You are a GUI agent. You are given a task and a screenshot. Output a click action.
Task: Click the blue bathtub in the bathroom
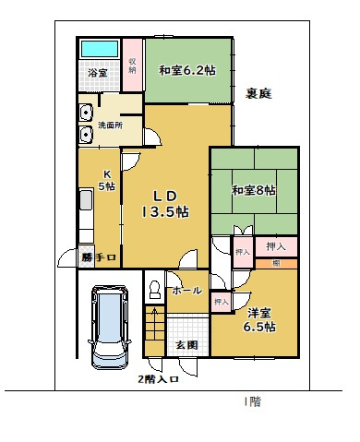100,49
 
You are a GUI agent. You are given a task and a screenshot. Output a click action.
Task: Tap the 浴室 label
98,72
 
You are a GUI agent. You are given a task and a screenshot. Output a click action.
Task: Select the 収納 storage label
133,64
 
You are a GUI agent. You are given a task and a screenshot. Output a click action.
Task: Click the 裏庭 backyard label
258,93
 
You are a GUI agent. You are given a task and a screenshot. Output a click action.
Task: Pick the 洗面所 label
110,125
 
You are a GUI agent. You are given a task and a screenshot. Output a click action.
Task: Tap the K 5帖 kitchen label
107,180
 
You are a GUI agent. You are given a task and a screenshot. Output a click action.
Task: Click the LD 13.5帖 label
165,203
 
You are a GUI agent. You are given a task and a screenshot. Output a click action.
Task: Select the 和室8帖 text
254,190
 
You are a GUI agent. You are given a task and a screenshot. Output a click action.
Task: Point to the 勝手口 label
98,257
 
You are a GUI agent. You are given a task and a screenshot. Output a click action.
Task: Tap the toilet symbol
153,291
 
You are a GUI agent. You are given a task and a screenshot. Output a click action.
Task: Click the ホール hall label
186,291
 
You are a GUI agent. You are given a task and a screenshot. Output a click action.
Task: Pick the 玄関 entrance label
186,345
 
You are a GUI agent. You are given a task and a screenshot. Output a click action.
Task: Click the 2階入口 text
157,378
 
